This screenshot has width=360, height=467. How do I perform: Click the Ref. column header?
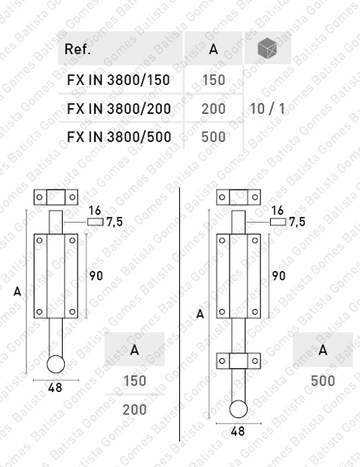(x=78, y=50)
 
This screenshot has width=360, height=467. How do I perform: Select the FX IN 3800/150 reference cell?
(x=118, y=80)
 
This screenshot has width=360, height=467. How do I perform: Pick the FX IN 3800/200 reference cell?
(x=118, y=109)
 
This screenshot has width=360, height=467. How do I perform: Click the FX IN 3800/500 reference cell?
(x=118, y=136)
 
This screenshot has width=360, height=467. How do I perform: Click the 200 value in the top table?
(x=214, y=109)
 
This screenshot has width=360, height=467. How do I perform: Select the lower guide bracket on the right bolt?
(x=238, y=360)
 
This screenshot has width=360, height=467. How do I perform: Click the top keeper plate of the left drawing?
(x=56, y=197)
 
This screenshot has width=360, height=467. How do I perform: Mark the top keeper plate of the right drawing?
(x=238, y=197)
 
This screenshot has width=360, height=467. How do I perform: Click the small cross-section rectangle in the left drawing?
(x=95, y=222)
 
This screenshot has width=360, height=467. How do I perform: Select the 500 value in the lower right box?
(x=323, y=381)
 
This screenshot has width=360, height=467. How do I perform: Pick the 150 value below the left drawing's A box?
(x=134, y=381)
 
